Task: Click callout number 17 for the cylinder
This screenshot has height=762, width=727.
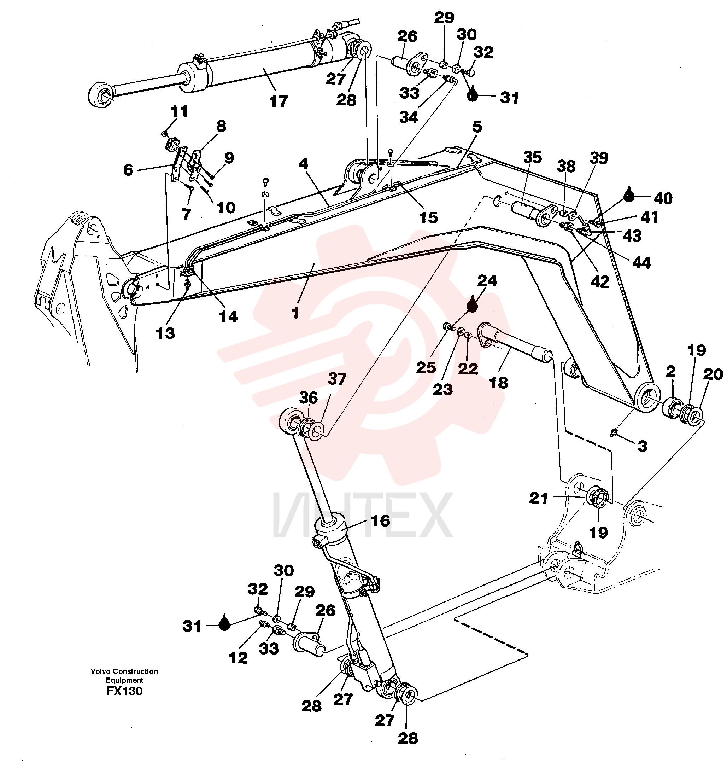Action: click(x=279, y=101)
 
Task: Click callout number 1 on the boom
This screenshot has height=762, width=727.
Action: click(x=296, y=313)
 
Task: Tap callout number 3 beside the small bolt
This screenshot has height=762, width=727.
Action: click(x=643, y=446)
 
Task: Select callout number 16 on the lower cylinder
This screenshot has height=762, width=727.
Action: click(x=380, y=521)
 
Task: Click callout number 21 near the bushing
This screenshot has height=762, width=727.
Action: click(x=539, y=498)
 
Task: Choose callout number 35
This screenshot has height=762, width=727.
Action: click(x=533, y=157)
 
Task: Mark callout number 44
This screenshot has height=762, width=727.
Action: click(x=641, y=263)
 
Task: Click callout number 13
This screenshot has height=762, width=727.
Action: click(x=165, y=333)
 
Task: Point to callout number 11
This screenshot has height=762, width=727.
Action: click(x=179, y=111)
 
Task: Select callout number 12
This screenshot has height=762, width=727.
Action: click(x=238, y=658)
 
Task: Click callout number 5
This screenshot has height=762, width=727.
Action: click(x=477, y=127)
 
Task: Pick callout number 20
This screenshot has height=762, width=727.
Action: click(x=713, y=374)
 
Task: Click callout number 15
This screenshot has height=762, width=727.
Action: click(x=428, y=217)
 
